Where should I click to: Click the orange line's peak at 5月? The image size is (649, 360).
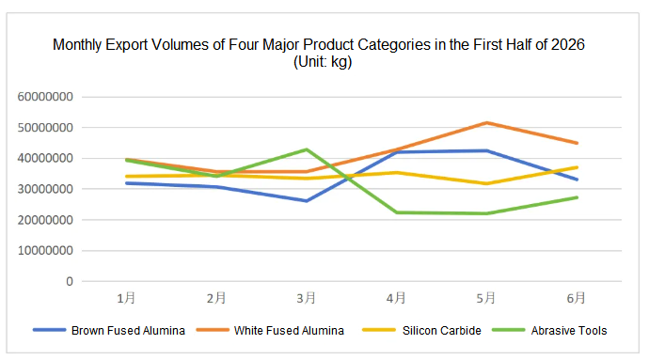(x=487, y=123)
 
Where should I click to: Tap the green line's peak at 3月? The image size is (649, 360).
(x=307, y=149)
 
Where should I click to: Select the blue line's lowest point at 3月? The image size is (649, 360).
(x=307, y=201)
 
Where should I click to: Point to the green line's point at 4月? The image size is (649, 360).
(x=397, y=212)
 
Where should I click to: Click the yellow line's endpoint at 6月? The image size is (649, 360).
(x=577, y=167)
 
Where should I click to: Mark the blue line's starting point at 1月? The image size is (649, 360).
(x=127, y=183)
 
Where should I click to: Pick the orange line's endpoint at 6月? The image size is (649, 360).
(x=577, y=143)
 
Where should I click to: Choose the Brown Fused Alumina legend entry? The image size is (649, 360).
(x=109, y=331)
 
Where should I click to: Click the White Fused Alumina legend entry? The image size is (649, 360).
(x=270, y=331)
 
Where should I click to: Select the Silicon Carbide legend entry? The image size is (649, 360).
(x=421, y=331)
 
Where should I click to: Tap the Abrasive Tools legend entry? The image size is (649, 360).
(x=549, y=331)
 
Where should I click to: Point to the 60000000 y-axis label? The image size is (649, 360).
(x=45, y=97)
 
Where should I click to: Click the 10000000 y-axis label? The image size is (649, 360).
(x=45, y=251)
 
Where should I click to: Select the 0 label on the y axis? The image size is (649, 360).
(x=70, y=281)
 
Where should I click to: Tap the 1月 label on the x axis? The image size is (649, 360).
(x=126, y=298)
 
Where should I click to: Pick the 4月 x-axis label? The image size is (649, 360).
(x=396, y=298)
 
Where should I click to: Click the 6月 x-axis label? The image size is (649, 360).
(x=577, y=298)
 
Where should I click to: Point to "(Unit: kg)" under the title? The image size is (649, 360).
(x=323, y=62)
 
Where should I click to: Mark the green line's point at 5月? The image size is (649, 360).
(x=487, y=213)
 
